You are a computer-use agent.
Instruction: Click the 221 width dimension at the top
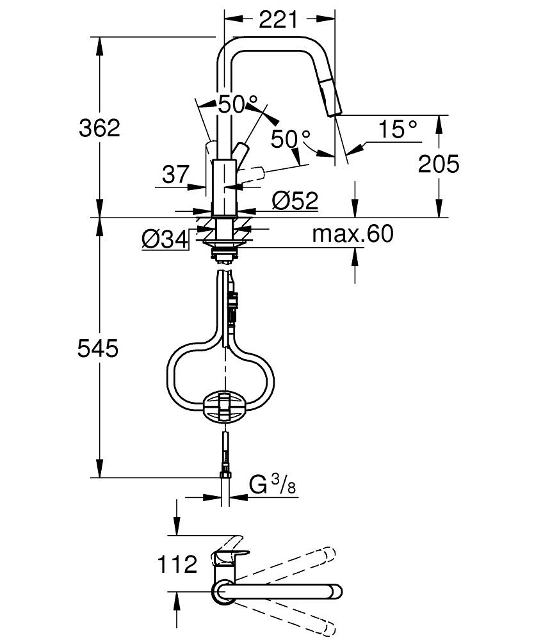279,20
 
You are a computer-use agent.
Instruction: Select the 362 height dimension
99,128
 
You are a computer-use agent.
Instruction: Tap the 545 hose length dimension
98,349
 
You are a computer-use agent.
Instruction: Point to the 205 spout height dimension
439,164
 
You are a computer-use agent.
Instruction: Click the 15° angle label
397,130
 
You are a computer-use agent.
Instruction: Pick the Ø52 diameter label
295,201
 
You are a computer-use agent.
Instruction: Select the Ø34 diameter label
165,240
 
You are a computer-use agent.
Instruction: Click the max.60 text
352,234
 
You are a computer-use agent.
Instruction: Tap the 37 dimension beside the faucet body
175,174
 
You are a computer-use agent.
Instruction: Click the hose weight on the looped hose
223,406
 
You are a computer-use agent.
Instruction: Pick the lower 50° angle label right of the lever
290,138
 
